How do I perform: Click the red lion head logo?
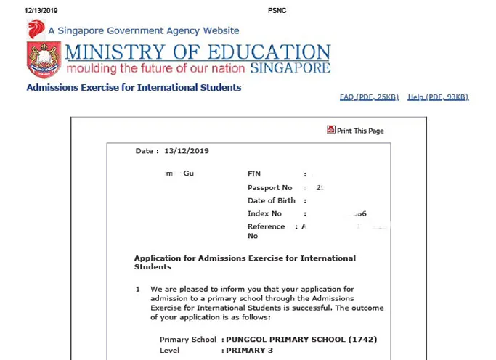36,30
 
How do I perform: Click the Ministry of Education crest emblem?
44,60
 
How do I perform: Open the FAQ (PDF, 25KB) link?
369,97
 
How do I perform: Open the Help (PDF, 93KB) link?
438,97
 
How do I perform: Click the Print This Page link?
360,131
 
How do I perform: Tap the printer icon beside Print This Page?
331,130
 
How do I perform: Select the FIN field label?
254,174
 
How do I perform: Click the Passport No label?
269,188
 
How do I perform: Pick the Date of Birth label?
272,201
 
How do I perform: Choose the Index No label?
264,214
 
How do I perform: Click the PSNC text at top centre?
277,9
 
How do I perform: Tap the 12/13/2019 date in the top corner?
41,9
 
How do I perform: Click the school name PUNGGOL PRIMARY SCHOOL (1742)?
301,340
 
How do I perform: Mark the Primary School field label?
188,340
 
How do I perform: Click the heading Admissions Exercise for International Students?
134,88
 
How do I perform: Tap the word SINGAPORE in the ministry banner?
290,68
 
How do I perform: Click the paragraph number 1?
138,289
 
